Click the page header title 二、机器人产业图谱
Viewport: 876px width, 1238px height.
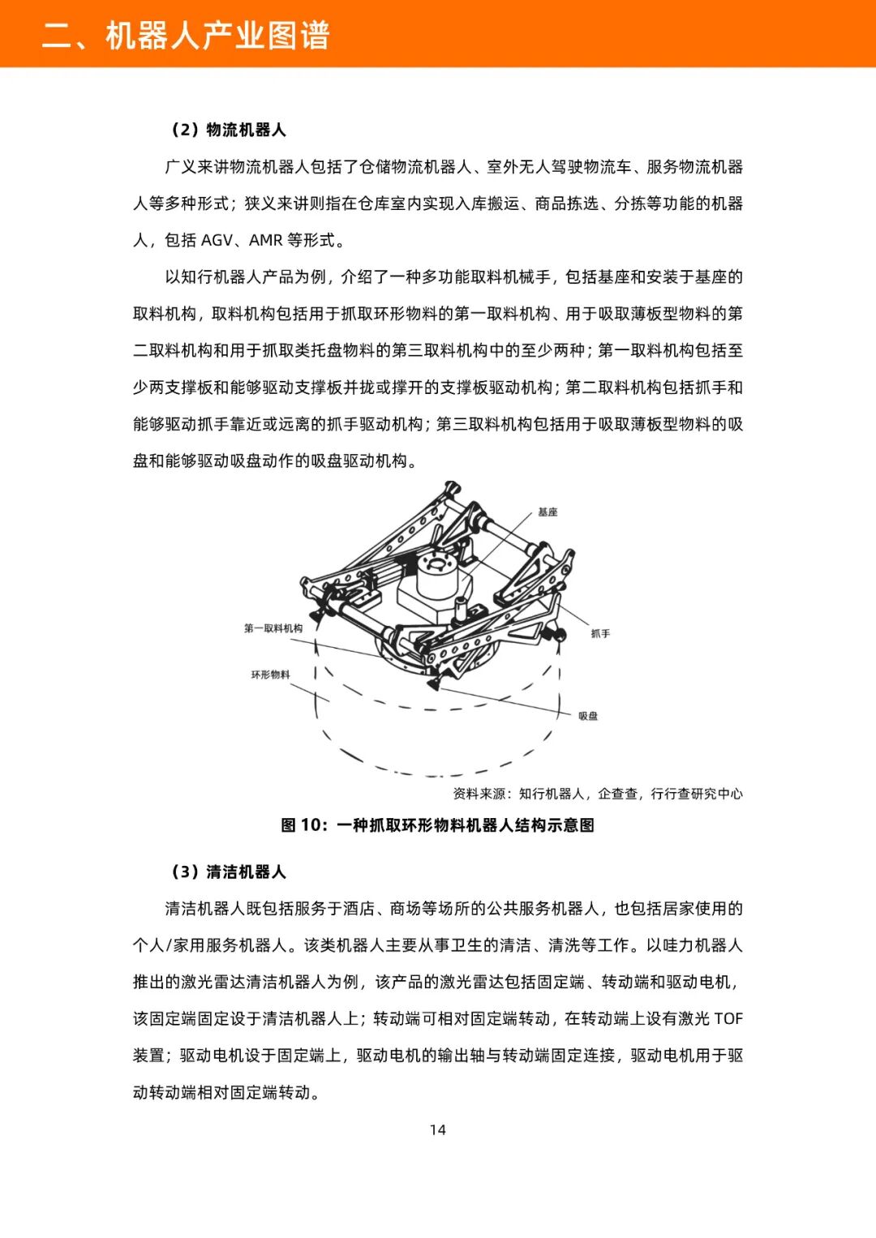[x=186, y=36]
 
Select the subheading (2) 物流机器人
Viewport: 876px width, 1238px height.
[x=227, y=130]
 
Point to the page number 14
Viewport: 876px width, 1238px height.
[x=437, y=1129]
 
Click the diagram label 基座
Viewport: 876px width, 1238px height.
[x=547, y=512]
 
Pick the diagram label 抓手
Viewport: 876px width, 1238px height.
[x=600, y=633]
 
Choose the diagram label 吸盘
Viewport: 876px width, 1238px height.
[x=588, y=716]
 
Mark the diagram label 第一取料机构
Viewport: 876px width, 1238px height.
[x=273, y=628]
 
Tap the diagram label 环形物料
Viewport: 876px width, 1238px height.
[x=270, y=675]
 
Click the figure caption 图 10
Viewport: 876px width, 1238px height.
[x=437, y=825]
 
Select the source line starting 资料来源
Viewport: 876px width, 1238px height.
[x=598, y=794]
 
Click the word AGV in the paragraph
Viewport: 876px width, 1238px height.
[x=217, y=240]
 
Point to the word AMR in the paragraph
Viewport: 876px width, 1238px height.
[x=265, y=240]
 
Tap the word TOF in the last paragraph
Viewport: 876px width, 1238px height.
[x=728, y=1019]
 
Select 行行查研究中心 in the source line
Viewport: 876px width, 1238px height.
[x=697, y=794]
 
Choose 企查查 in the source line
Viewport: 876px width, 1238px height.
[x=618, y=794]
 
